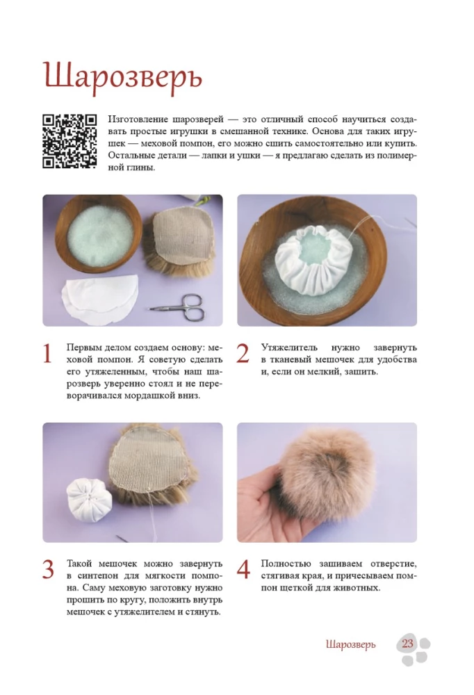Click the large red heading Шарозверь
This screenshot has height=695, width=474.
coord(123,78)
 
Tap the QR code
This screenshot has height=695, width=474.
coord(70,141)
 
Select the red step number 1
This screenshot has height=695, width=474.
coord(47,354)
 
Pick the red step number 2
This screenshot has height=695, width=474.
coord(243,354)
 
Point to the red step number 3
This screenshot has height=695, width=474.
coord(49,570)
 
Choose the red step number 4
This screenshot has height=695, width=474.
coord(243,570)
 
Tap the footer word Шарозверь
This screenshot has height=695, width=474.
coord(351,644)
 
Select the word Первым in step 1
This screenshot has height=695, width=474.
coord(82,348)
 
